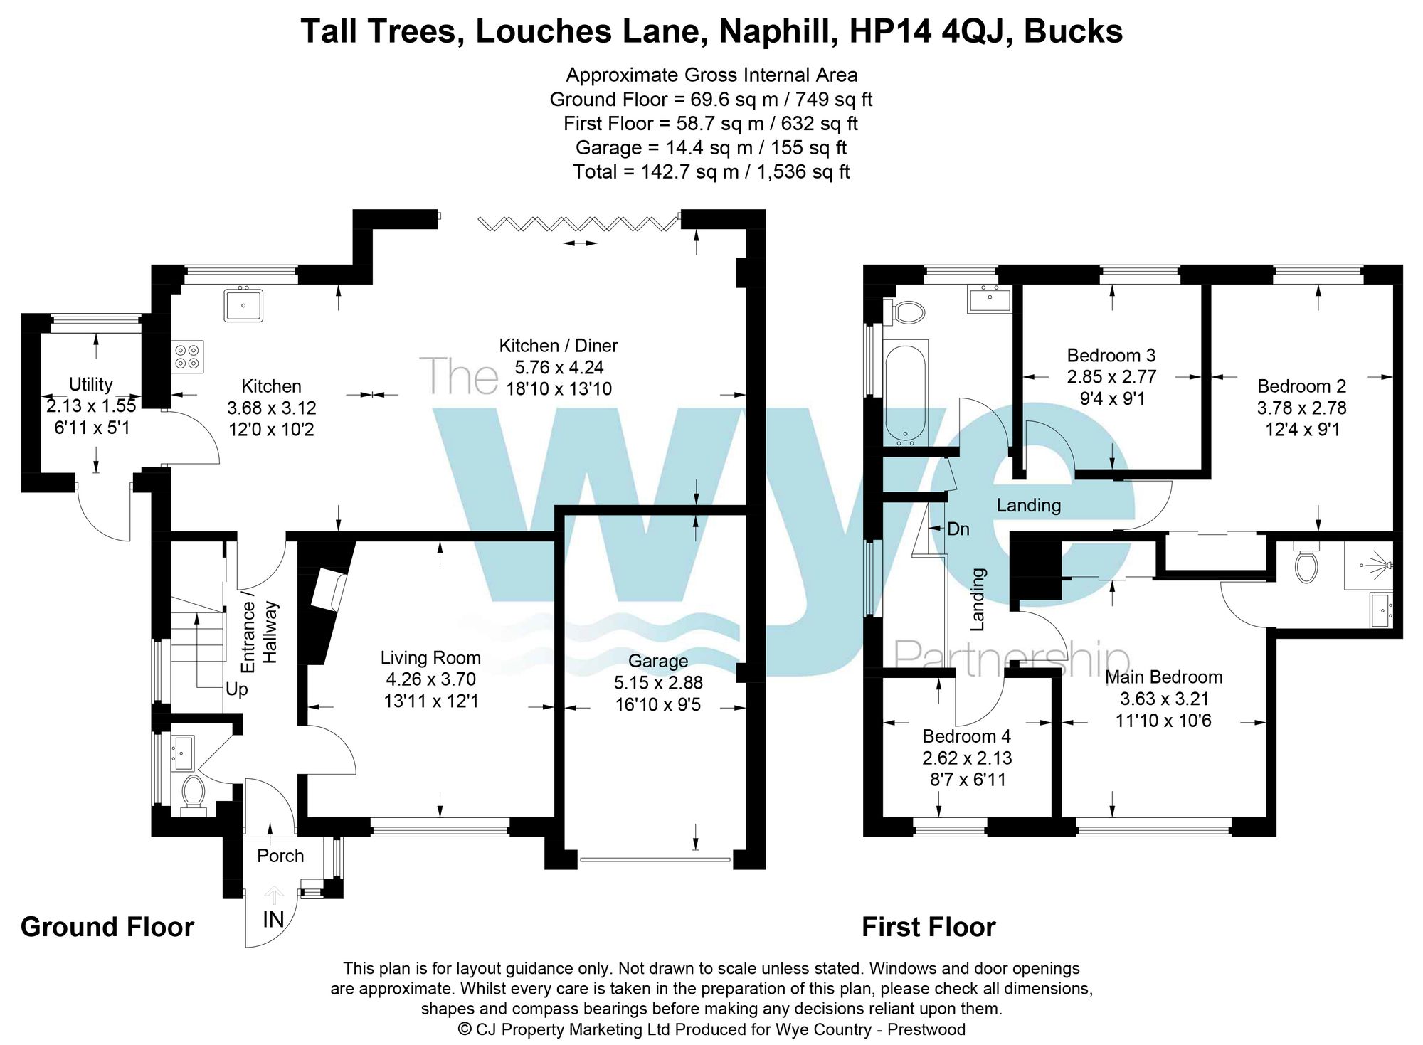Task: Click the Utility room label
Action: [x=90, y=384]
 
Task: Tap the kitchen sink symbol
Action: [x=243, y=304]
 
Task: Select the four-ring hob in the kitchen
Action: [x=188, y=356]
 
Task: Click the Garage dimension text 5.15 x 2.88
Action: [x=658, y=683]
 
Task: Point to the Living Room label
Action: [x=430, y=658]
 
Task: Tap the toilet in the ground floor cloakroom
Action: [x=193, y=793]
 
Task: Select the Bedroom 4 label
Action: [x=966, y=736]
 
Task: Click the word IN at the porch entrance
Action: [x=273, y=920]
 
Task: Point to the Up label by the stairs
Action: [x=236, y=689]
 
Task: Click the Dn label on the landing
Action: [x=958, y=529]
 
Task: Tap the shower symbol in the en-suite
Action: [x=1370, y=566]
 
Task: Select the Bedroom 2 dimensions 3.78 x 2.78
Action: [x=1301, y=408]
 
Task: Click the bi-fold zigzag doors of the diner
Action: [x=578, y=224]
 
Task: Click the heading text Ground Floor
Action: [x=107, y=927]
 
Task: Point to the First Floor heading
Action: [x=929, y=927]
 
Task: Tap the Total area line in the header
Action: [x=711, y=171]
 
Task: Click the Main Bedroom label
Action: [x=1163, y=677]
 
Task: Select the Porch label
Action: [x=280, y=856]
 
